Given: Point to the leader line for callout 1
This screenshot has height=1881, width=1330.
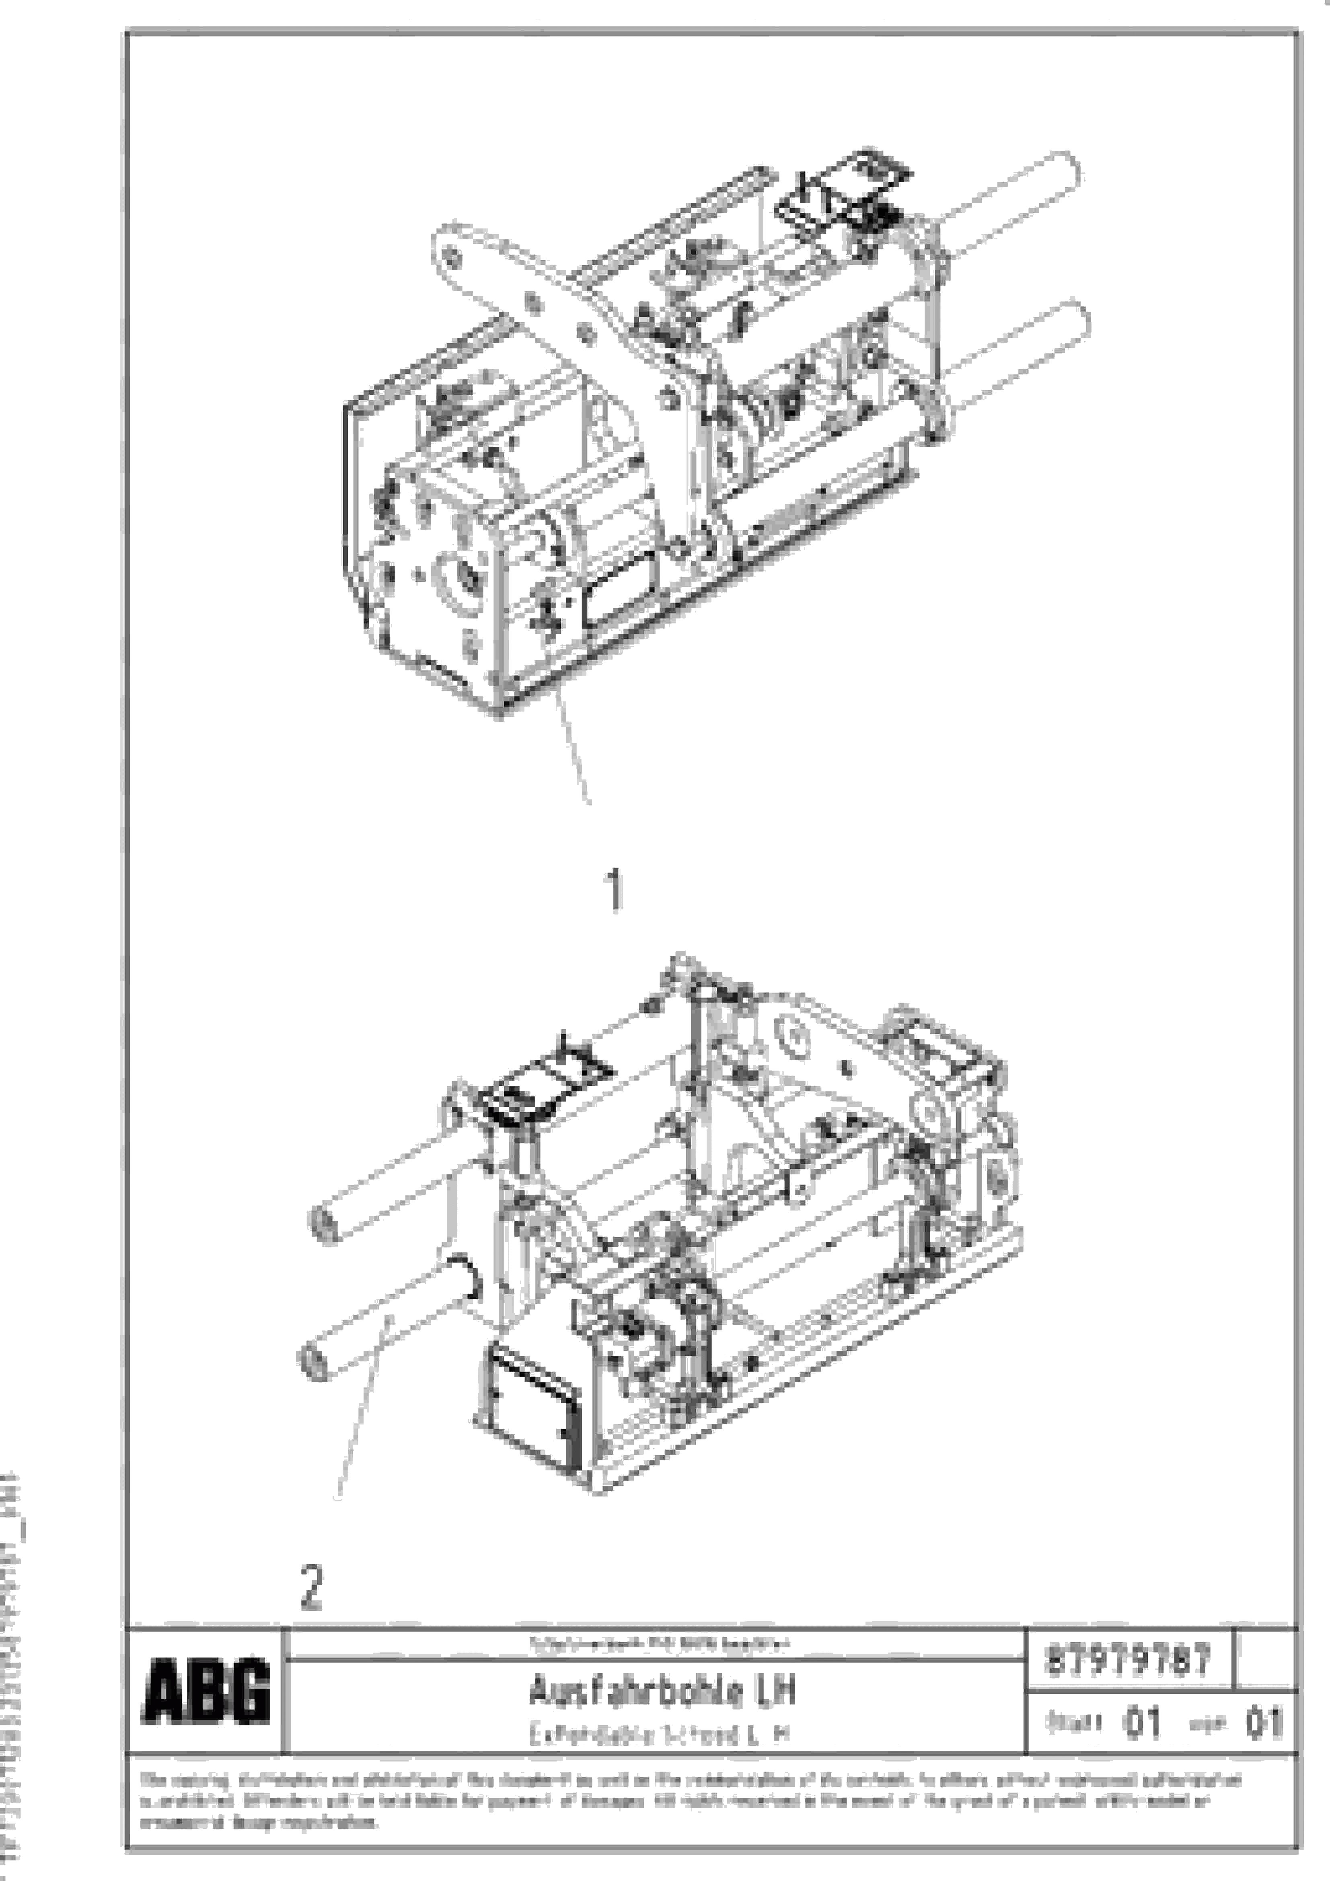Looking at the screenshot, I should click(x=574, y=746).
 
